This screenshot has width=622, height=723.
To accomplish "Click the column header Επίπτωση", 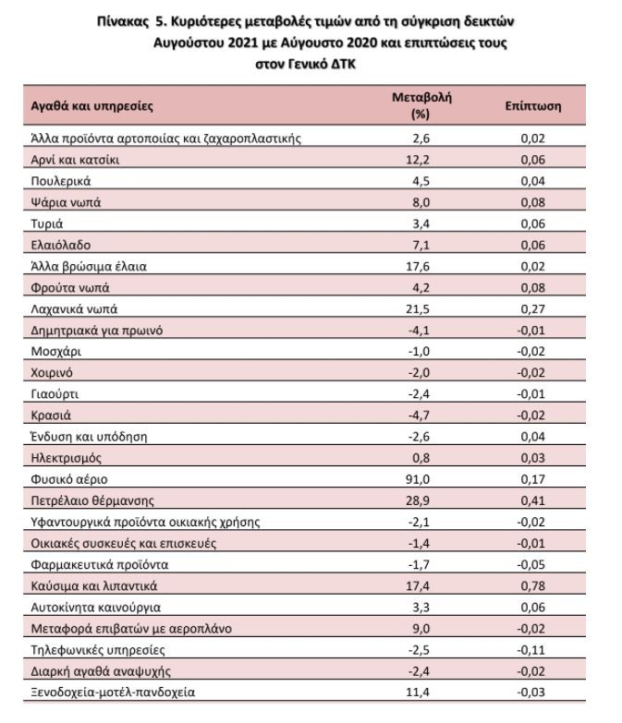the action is pyautogui.click(x=533, y=106).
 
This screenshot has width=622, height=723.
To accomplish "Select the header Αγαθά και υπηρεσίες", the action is pyautogui.click(x=91, y=106).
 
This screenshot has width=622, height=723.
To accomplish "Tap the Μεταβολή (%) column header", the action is pyautogui.click(x=421, y=105).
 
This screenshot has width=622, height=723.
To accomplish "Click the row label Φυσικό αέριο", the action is pyautogui.click(x=69, y=479).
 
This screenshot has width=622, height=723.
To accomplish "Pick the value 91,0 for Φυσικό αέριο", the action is pyautogui.click(x=418, y=479).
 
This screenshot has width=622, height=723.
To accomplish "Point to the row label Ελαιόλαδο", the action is pyautogui.click(x=60, y=245).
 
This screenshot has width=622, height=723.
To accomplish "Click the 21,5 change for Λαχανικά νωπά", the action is pyautogui.click(x=418, y=309).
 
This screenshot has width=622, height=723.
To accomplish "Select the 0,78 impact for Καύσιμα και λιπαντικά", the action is pyautogui.click(x=533, y=586).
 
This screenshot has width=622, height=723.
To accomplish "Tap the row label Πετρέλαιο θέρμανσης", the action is pyautogui.click(x=92, y=500).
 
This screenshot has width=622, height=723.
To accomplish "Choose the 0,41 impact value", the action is pyautogui.click(x=533, y=500).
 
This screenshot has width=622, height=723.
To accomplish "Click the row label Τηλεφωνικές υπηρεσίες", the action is pyautogui.click(x=98, y=650).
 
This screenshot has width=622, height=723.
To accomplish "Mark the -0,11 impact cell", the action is pyautogui.click(x=531, y=650).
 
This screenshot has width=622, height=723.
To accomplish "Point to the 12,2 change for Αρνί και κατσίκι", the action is pyautogui.click(x=418, y=160).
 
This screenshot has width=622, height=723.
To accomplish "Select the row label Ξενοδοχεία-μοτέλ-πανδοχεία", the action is pyautogui.click(x=113, y=693).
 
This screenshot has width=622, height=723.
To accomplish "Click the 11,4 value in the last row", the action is pyautogui.click(x=418, y=693).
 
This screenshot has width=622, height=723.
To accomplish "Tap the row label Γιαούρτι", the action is pyautogui.click(x=55, y=394).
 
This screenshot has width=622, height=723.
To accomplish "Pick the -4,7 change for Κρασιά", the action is pyautogui.click(x=419, y=416).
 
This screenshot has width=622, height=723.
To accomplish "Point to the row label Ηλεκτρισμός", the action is pyautogui.click(x=66, y=458).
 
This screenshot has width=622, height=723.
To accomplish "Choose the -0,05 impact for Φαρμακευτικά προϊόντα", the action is pyautogui.click(x=531, y=565).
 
